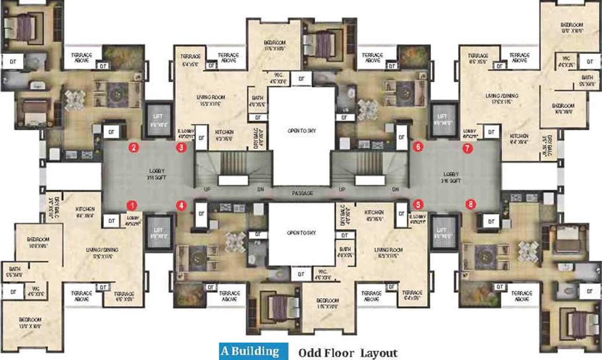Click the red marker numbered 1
133,205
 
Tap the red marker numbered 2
134,148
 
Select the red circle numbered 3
180,148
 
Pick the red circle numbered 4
180,205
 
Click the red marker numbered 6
418,147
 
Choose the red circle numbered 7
466,149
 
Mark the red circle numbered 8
470,204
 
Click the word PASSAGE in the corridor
302,193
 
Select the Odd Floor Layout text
348,353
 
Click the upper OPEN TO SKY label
302,131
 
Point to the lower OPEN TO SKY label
302,233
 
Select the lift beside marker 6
443,120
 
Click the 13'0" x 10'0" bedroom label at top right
571,28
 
